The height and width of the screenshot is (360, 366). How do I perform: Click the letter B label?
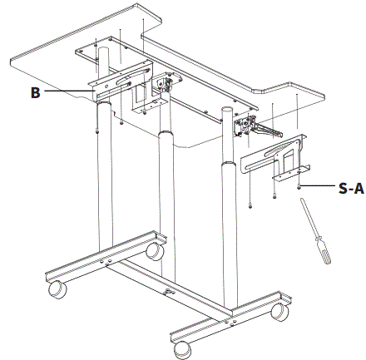point(36,92)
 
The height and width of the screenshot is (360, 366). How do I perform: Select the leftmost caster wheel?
point(57,289)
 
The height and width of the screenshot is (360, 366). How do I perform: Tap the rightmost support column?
point(229,224)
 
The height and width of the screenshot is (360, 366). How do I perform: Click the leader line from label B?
point(71,91)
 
